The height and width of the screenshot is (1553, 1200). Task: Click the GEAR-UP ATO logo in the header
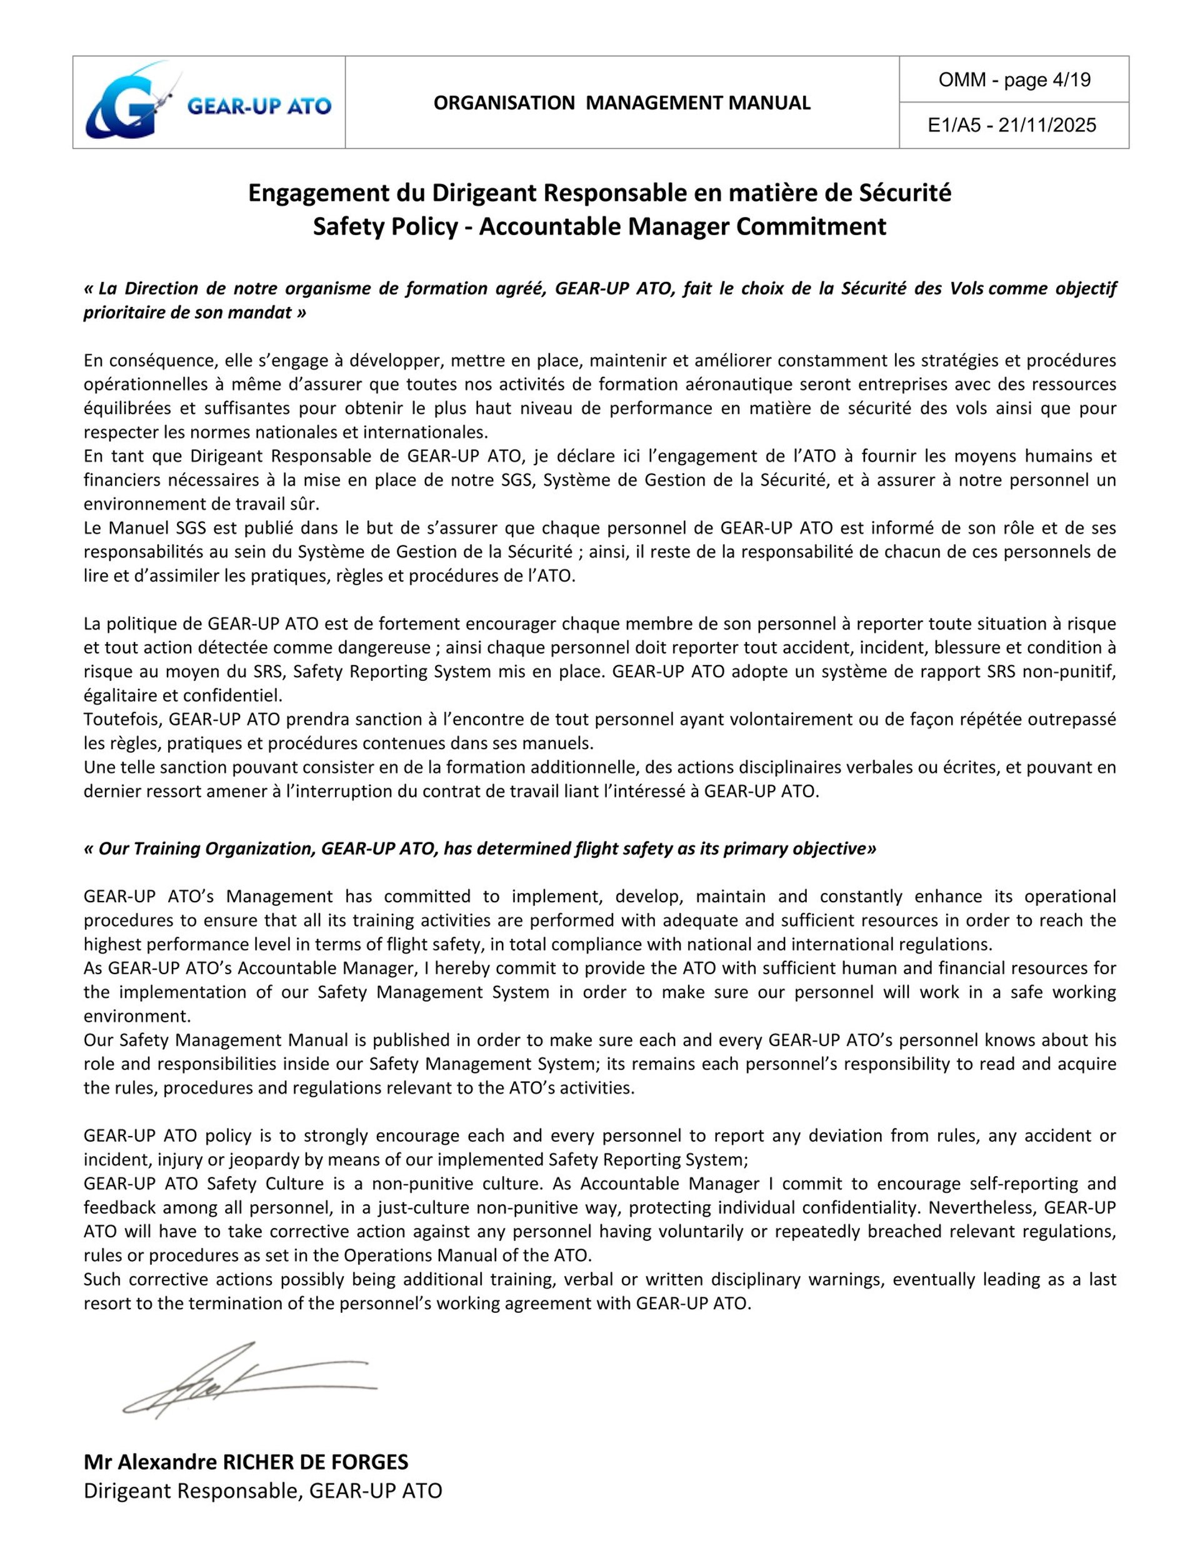coord(208,103)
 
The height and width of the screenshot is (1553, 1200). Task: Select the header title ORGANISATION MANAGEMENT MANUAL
coord(621,103)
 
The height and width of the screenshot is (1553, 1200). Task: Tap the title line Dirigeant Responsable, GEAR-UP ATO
coord(262,1491)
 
